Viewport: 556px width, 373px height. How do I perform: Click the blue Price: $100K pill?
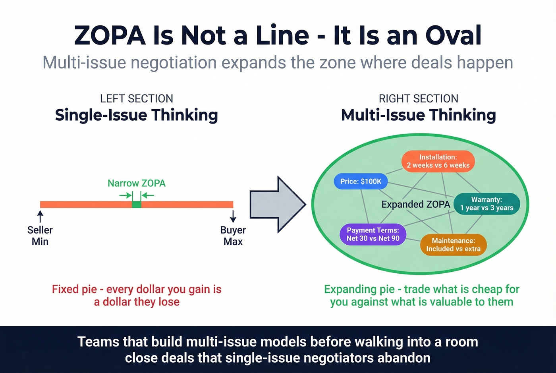[x=361, y=182]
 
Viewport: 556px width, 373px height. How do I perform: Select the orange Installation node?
[x=438, y=161]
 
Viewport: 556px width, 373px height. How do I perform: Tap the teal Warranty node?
[x=486, y=204]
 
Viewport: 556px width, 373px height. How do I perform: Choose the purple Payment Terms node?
[x=373, y=234]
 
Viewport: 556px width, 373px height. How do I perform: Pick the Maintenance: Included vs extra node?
[x=453, y=245]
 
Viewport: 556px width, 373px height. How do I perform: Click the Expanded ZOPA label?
[x=415, y=204]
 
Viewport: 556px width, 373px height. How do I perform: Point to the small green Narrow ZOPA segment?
[x=137, y=205]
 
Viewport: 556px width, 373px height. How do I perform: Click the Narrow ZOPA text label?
[x=137, y=183]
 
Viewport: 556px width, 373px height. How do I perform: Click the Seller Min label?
[x=40, y=236]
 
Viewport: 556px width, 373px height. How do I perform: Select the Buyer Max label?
[x=233, y=236]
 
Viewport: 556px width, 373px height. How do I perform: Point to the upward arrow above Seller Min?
[x=40, y=216]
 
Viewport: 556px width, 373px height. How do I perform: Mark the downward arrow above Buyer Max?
[x=233, y=216]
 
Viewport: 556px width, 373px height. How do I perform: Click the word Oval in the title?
[x=454, y=36]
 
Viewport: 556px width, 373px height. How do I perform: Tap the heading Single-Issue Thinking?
[x=136, y=115]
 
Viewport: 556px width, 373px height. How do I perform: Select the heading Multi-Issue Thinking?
[x=419, y=115]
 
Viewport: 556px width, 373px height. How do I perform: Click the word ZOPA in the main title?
[x=110, y=36]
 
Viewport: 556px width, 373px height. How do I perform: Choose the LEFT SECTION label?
[x=136, y=99]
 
